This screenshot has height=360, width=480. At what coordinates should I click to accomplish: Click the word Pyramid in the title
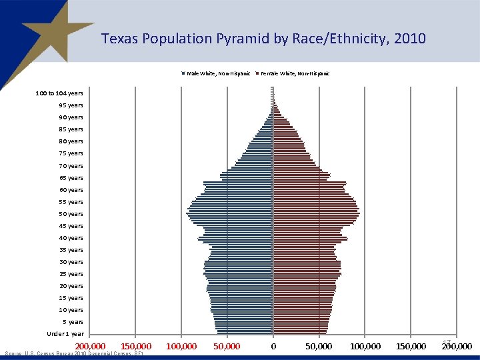pos(243,39)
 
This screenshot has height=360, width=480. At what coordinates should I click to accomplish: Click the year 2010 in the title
pos(409,39)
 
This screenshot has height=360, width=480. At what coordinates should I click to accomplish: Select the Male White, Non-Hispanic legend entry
pos(217,73)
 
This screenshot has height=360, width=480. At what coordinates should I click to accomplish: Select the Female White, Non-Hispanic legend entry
pos(295,73)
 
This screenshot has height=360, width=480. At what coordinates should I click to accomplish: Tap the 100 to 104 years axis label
pos(59,93)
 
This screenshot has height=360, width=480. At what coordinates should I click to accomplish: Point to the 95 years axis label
pos(71,105)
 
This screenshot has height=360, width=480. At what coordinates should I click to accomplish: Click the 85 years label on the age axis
pos(71,129)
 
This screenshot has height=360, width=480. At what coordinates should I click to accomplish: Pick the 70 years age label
pos(71,165)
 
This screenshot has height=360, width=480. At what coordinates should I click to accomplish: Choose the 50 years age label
pos(71,214)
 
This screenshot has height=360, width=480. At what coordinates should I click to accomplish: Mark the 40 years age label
pos(71,238)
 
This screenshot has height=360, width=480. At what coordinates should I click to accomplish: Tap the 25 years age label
pos(71,274)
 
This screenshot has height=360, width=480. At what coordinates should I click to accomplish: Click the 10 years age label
pos(71,310)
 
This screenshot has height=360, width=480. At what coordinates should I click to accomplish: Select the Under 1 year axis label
pos(65,334)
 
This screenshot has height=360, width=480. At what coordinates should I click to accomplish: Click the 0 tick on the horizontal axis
pos(273,347)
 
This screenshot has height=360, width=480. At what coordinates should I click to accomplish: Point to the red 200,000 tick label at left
pos(89,347)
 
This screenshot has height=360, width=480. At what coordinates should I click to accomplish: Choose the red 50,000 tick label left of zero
pos(227,347)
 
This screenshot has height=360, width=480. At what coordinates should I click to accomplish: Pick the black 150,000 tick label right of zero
pos(411,347)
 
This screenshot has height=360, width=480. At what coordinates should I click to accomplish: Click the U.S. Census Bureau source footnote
pos(73,353)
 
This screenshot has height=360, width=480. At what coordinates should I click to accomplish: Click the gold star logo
pos(47,33)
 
